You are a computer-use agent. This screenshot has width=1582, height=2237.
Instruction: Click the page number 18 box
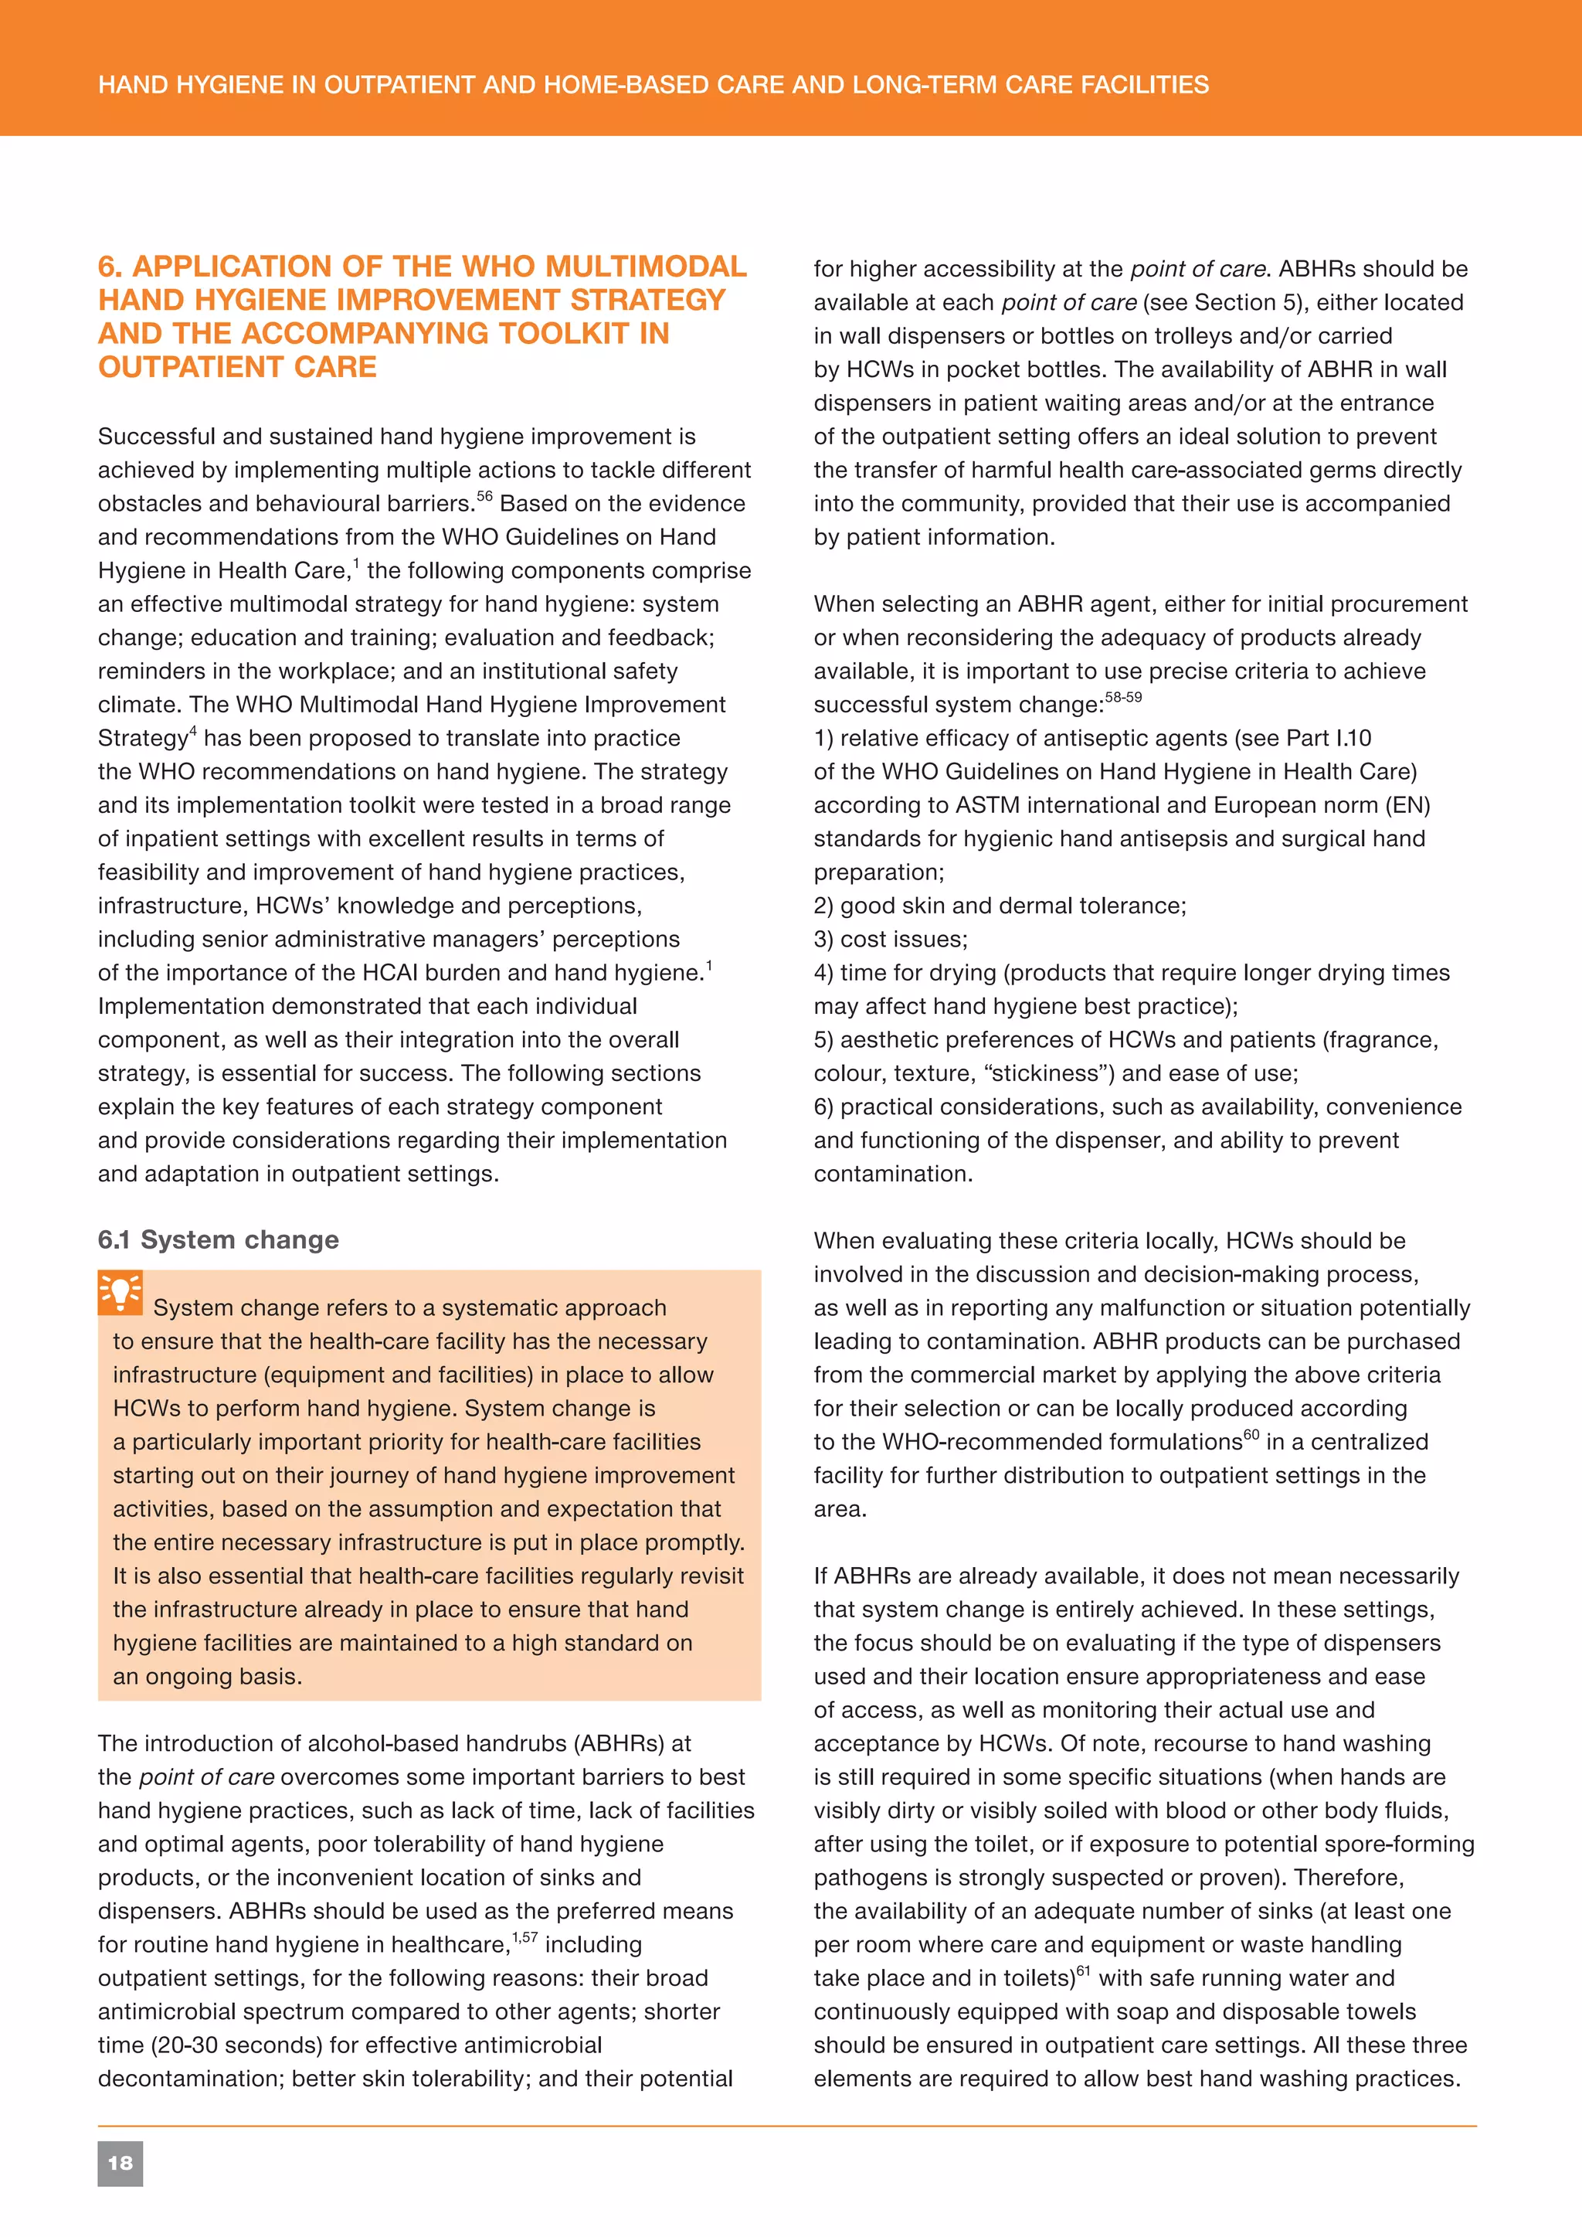120,2163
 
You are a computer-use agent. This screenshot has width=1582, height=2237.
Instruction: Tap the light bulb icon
120,1293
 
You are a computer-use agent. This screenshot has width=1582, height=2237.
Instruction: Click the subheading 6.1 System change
218,1239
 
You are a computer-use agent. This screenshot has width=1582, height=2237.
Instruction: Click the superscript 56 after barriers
484,497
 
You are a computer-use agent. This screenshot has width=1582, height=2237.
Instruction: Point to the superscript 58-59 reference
1123,698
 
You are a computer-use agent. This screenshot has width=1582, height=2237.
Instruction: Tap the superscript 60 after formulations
1251,1434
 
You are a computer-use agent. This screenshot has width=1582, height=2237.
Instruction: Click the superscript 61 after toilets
1083,1971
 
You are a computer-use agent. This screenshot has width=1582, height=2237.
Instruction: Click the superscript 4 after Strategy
193,732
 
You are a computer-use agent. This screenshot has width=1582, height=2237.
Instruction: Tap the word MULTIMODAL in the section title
646,266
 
